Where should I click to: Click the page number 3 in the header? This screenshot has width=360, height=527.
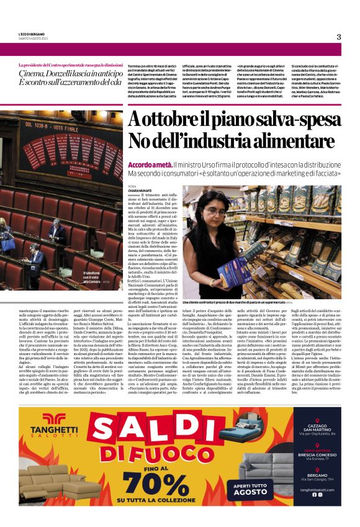pos(338,37)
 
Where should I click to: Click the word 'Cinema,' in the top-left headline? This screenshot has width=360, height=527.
pos(37,75)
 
